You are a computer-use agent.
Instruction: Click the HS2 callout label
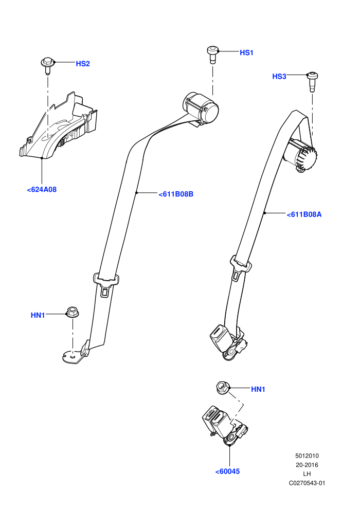(x=82, y=64)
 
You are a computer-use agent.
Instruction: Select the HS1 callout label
(x=246, y=52)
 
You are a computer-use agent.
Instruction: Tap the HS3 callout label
(x=279, y=76)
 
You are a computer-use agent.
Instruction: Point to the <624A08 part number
(x=42, y=189)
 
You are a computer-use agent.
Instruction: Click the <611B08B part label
(x=176, y=194)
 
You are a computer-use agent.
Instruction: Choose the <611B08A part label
(x=304, y=214)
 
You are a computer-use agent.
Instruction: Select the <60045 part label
(x=227, y=471)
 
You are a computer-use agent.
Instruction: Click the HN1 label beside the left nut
(x=38, y=315)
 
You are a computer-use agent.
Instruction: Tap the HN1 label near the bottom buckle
(x=258, y=389)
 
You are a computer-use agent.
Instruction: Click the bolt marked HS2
(x=47, y=66)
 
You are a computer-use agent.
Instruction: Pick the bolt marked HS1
(x=212, y=54)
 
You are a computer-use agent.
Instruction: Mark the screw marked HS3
(x=312, y=81)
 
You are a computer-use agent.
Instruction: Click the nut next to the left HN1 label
(x=73, y=312)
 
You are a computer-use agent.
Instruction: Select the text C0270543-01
(x=307, y=483)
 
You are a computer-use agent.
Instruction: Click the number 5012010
(x=307, y=456)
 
